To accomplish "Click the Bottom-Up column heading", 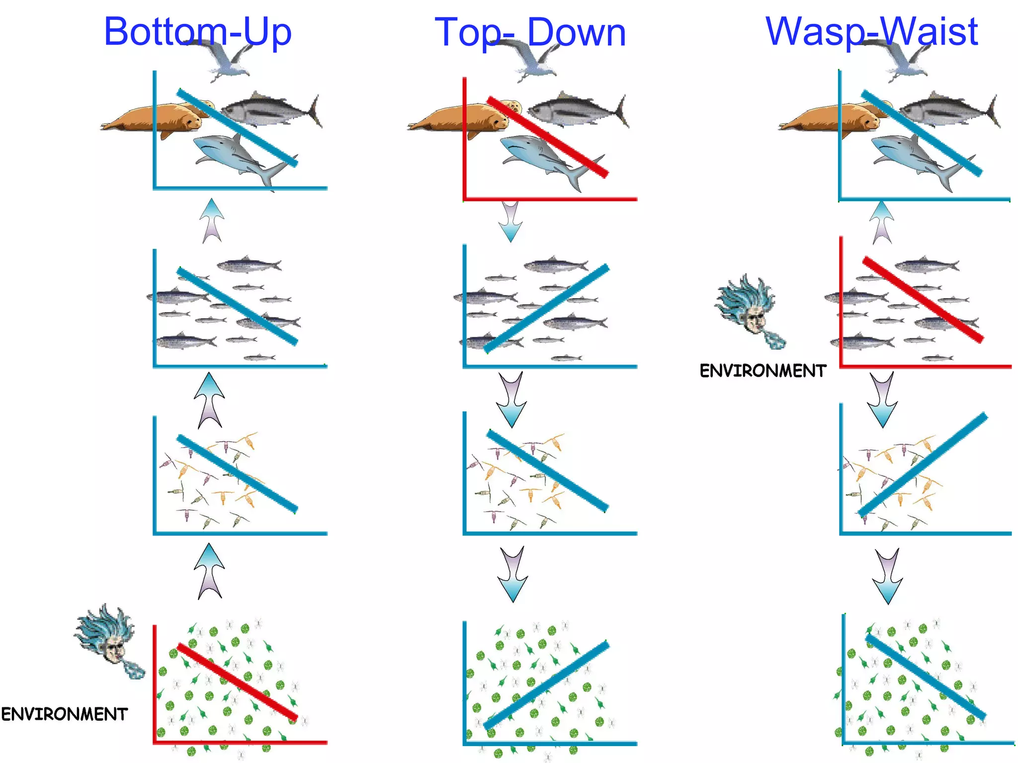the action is (197, 32).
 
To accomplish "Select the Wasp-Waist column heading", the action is (871, 32).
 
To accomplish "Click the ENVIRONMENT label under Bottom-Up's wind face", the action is (65, 714).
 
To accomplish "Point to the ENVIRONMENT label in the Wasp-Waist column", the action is (763, 371).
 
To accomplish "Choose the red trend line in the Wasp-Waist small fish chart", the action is (923, 300).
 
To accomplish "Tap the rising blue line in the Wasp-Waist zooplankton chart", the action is (923, 465).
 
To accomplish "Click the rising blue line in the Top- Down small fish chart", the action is (546, 309).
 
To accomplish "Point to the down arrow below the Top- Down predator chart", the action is (510, 221).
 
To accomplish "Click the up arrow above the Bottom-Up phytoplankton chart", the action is (209, 571).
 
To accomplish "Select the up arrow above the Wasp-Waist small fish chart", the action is (882, 222).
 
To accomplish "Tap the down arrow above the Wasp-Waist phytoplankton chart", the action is (888, 576).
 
